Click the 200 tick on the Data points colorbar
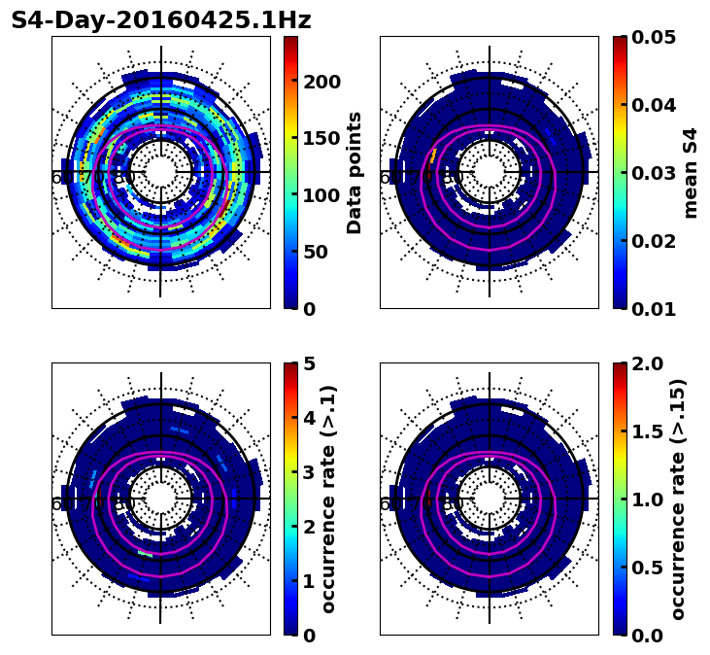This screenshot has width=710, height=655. pyautogui.click(x=321, y=82)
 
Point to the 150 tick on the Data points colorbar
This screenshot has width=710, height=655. pyautogui.click(x=321, y=138)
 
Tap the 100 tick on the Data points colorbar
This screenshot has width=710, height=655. pyautogui.click(x=321, y=195)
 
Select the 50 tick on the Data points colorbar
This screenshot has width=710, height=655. pyautogui.click(x=316, y=252)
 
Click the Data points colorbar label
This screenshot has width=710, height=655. pyautogui.click(x=355, y=173)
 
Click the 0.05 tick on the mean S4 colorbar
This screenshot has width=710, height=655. pyautogui.click(x=653, y=37)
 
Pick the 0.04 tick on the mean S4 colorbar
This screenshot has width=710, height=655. pyautogui.click(x=653, y=105)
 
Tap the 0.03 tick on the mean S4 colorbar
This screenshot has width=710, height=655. pyautogui.click(x=653, y=173)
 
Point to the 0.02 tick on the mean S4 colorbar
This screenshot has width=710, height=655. pyautogui.click(x=653, y=241)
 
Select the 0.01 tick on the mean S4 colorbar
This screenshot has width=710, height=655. pyautogui.click(x=653, y=309)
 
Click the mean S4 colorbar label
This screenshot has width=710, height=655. pyautogui.click(x=691, y=173)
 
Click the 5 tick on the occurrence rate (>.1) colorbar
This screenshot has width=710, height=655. pyautogui.click(x=310, y=363)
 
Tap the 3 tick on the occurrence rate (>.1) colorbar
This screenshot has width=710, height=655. pyautogui.click(x=310, y=472)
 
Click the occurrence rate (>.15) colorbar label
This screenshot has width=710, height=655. pyautogui.click(x=678, y=500)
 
